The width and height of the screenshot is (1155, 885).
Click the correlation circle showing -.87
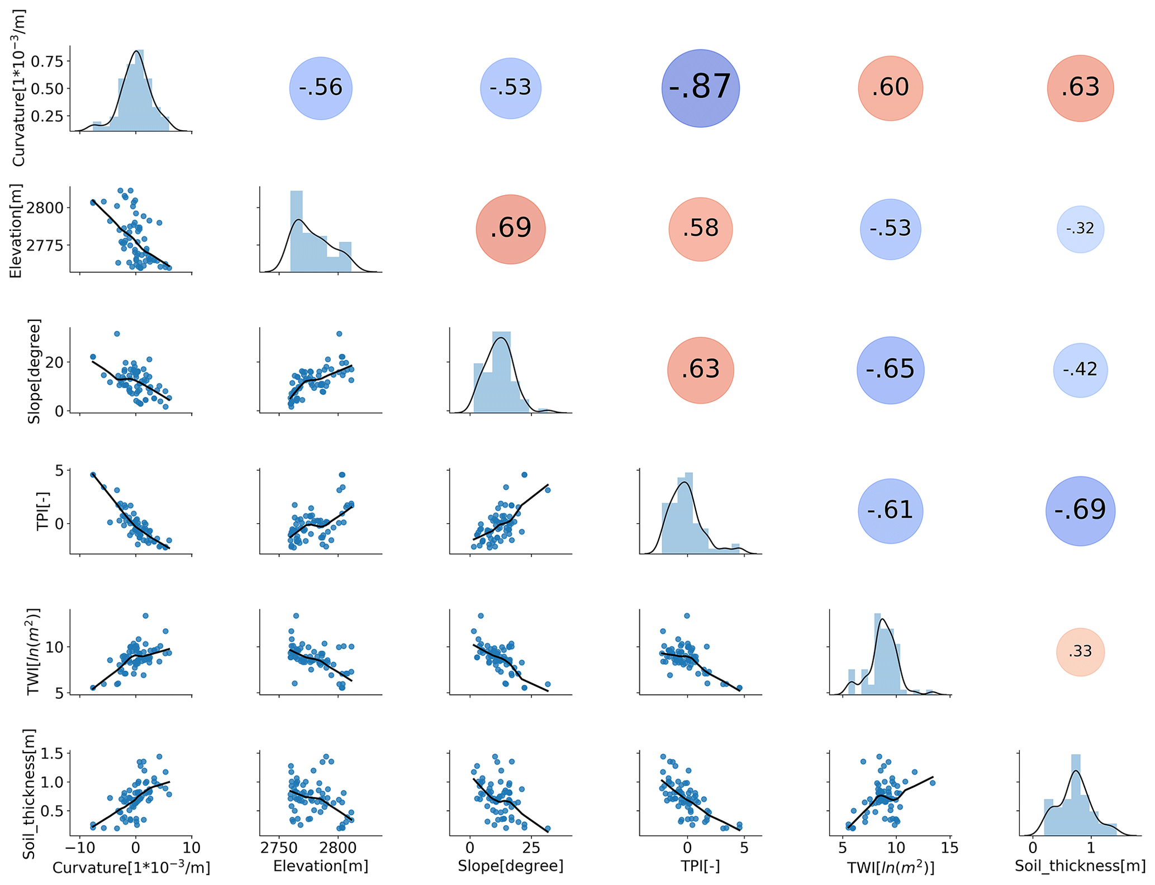pos(700,88)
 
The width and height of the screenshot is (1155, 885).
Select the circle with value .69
pos(510,229)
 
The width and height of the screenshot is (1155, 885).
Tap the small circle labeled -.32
pos(1080,229)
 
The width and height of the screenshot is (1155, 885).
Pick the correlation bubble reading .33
pos(1080,652)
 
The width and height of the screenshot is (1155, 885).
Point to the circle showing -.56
pos(320,88)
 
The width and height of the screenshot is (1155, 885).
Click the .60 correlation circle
pos(890,88)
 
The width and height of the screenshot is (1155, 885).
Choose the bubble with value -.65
pos(890,370)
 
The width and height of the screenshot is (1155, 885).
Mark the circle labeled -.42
pos(1080,370)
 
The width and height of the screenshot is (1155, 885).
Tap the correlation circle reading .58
pos(700,229)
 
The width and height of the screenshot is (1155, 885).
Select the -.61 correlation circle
pos(890,510)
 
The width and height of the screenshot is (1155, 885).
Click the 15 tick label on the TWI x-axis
pos(949,848)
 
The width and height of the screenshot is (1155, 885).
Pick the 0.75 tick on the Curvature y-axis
pos(47,61)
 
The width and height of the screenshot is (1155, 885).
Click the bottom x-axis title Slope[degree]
pos(510,866)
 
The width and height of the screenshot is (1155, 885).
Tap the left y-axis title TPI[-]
pos(43,511)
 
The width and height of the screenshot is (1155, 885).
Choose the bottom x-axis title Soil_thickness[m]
pos(1080,866)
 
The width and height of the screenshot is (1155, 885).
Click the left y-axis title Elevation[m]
pos(16,230)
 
